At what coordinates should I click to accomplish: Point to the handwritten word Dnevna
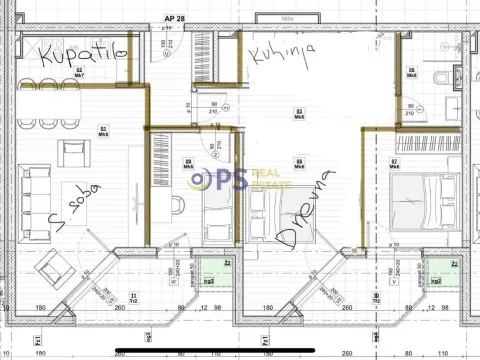[304, 209]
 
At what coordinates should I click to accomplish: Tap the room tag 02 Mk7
[79, 72]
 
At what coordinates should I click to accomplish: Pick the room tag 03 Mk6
[298, 112]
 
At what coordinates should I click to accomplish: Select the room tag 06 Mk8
[412, 72]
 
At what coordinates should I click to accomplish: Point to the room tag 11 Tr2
[133, 297]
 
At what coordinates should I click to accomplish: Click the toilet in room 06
[442, 77]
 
